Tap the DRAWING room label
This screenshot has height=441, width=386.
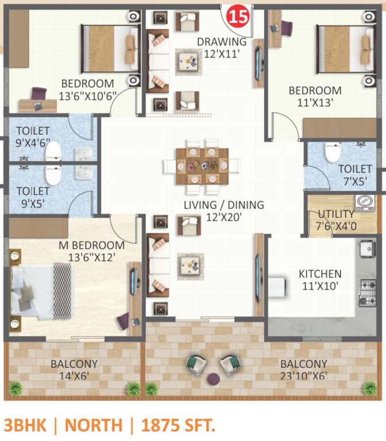coord(221,42)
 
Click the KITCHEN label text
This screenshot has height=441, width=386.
coord(320,274)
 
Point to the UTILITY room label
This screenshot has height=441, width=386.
coord(335,214)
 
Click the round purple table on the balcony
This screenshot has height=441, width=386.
coord(213,378)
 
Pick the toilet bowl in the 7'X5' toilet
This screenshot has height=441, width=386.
coord(332,153)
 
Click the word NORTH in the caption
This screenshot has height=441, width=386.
coord(94,425)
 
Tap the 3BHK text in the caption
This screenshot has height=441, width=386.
coord(28,425)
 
